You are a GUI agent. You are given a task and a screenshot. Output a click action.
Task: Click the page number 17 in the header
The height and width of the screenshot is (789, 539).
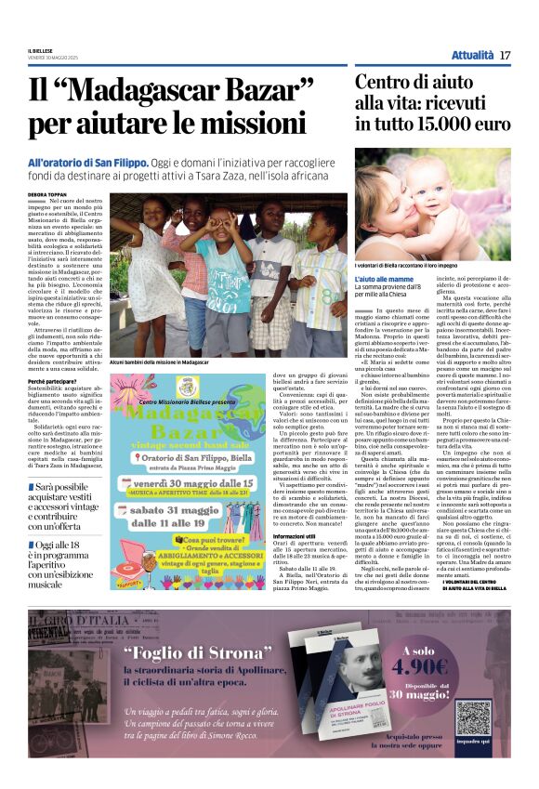[x=505, y=55]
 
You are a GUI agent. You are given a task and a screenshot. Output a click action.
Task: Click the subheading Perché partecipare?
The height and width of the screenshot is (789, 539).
[x=53, y=382]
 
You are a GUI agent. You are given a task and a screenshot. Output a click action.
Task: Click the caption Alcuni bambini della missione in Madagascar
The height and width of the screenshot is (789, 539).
[x=159, y=362]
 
